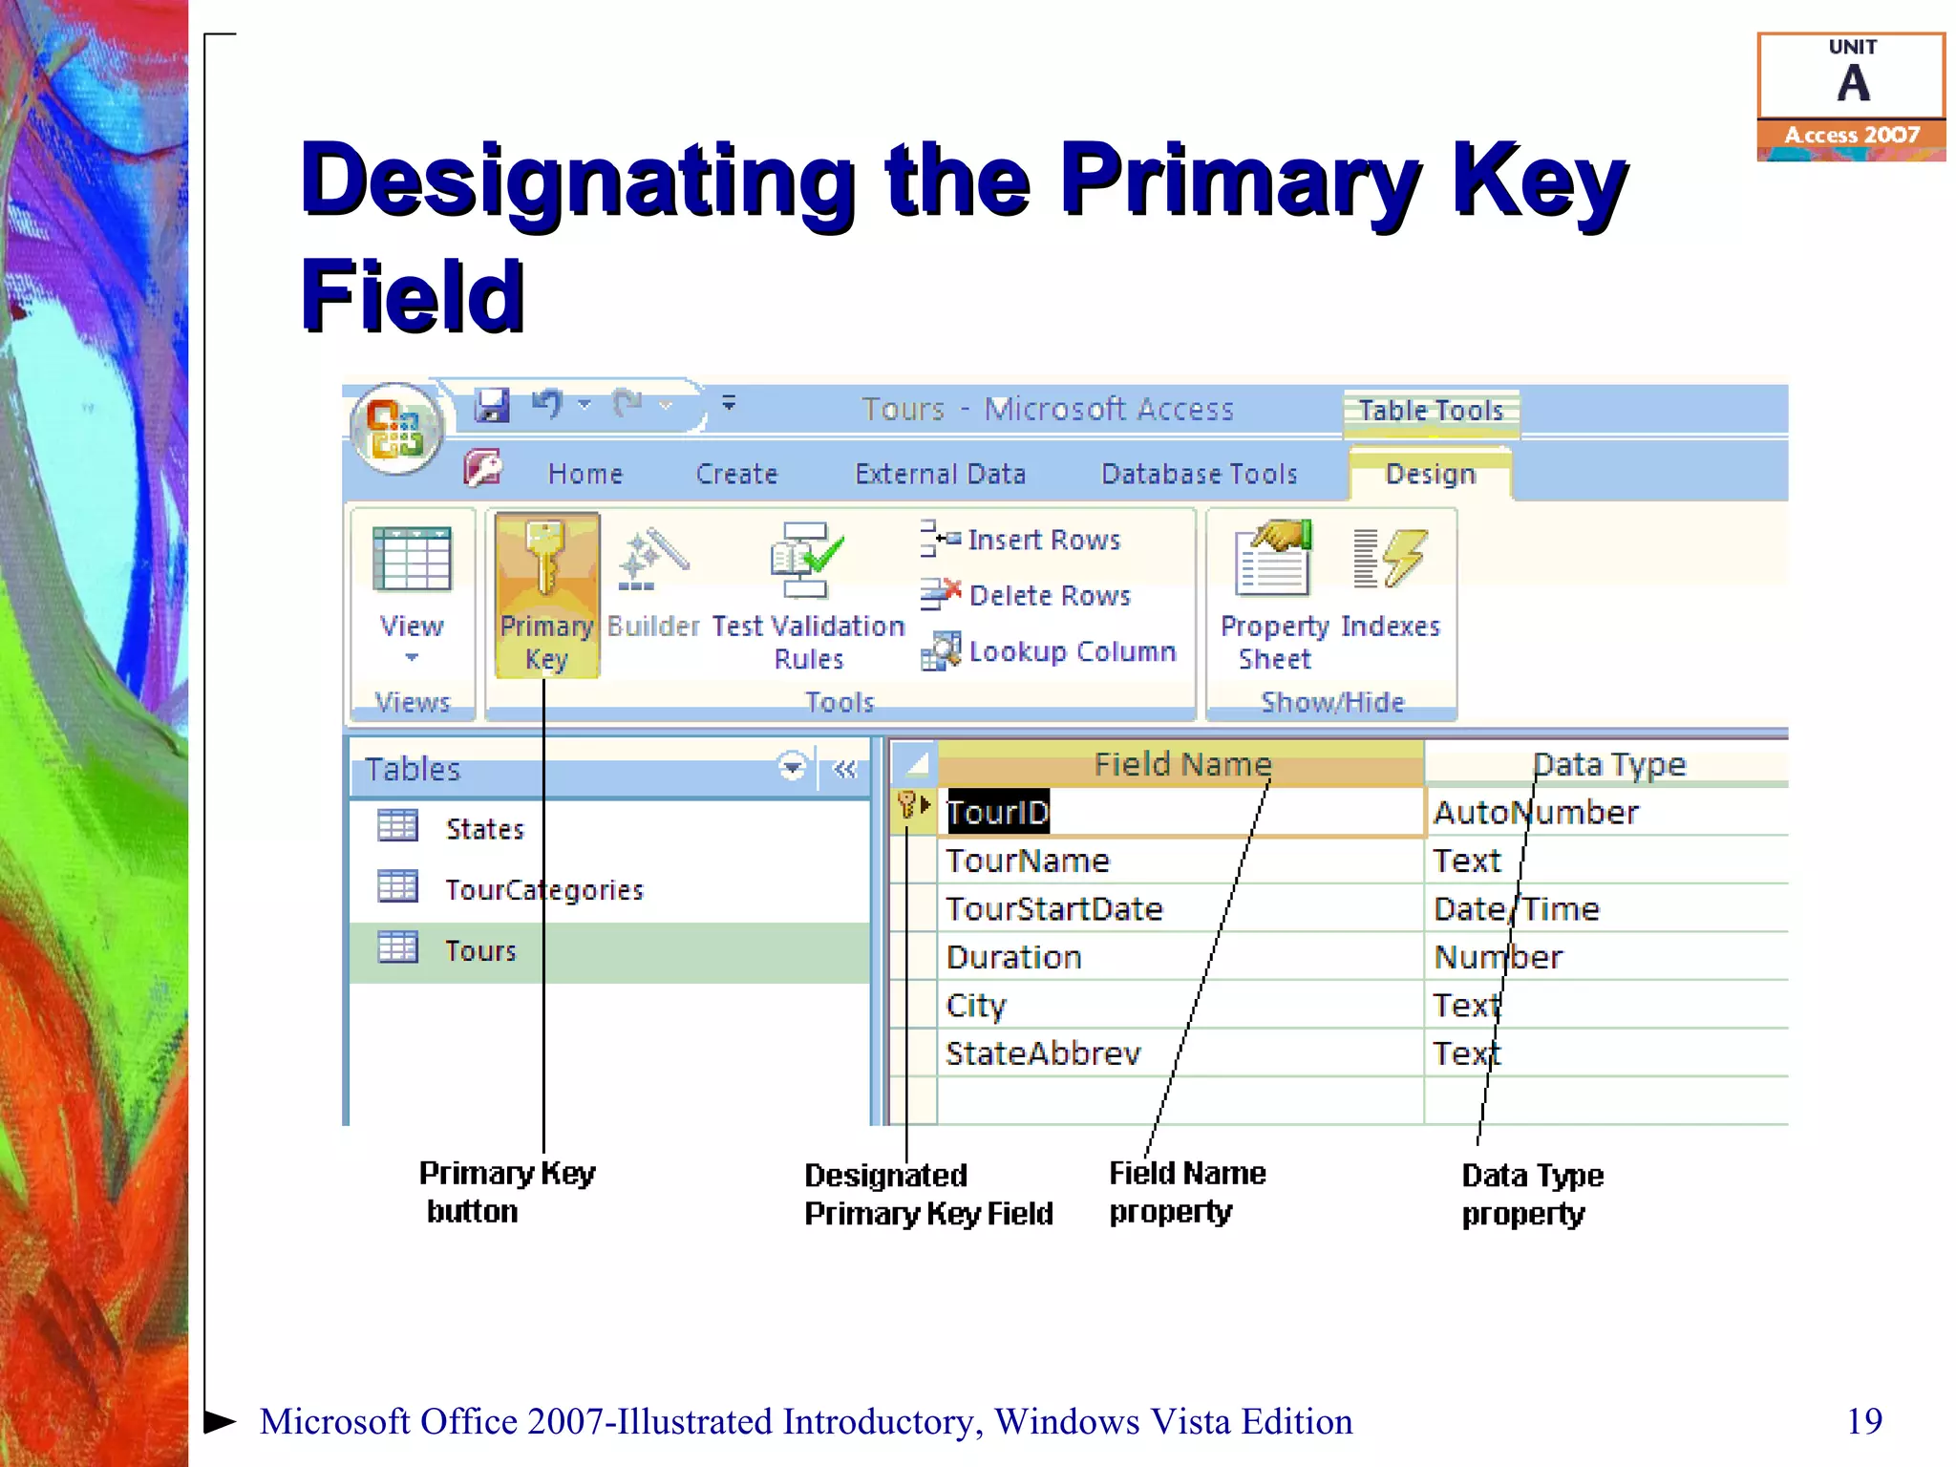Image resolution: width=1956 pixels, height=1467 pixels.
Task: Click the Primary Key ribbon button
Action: [546, 594]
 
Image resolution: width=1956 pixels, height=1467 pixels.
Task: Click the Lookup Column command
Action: [1051, 651]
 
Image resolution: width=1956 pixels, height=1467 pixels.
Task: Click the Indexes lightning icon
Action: [1390, 559]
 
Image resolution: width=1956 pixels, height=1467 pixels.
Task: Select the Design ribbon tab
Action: [1430, 474]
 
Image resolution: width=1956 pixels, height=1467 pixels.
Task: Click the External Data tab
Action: [940, 474]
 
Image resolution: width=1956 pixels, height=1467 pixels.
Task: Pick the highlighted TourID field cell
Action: [998, 813]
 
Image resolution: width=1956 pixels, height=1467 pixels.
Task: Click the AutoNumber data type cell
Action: [1536, 813]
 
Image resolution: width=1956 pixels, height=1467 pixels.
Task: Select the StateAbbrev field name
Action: [1043, 1053]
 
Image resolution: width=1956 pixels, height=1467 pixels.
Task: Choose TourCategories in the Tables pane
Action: [543, 890]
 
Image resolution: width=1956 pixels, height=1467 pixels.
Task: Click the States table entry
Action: [484, 829]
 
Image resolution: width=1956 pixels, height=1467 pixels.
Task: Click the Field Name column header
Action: [1182, 764]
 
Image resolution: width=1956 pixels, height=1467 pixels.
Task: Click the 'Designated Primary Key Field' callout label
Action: [927, 1194]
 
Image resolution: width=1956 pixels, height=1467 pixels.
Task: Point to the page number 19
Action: [1863, 1421]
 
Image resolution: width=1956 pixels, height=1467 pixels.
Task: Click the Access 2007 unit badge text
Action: [1851, 135]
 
